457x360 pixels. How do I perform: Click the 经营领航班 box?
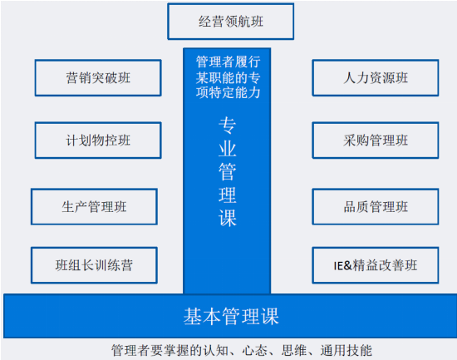click(230, 22)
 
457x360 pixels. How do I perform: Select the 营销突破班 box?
click(98, 78)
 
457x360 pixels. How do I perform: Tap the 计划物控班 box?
click(98, 141)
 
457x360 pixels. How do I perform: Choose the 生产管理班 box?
click(94, 207)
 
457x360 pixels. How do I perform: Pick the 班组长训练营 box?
click(94, 265)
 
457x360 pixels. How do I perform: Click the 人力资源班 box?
click(376, 78)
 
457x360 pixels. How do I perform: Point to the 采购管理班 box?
click(376, 141)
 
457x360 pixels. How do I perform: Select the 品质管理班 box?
click(376, 207)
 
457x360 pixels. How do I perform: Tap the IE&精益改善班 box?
click(376, 265)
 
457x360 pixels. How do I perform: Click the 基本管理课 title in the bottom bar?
click(231, 316)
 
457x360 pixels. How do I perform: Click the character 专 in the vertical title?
click(228, 126)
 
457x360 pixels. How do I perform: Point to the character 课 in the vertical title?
click(228, 218)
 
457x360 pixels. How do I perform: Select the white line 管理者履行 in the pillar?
click(228, 62)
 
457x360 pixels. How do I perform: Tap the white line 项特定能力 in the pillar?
click(228, 93)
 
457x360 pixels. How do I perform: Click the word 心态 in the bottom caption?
click(254, 350)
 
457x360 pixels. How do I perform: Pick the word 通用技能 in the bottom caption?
click(346, 350)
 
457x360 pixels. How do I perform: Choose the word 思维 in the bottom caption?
click(294, 350)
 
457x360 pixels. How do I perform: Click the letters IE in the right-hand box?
click(339, 266)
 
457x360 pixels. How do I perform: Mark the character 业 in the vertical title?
click(228, 149)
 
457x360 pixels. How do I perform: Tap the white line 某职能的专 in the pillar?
click(228, 77)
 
